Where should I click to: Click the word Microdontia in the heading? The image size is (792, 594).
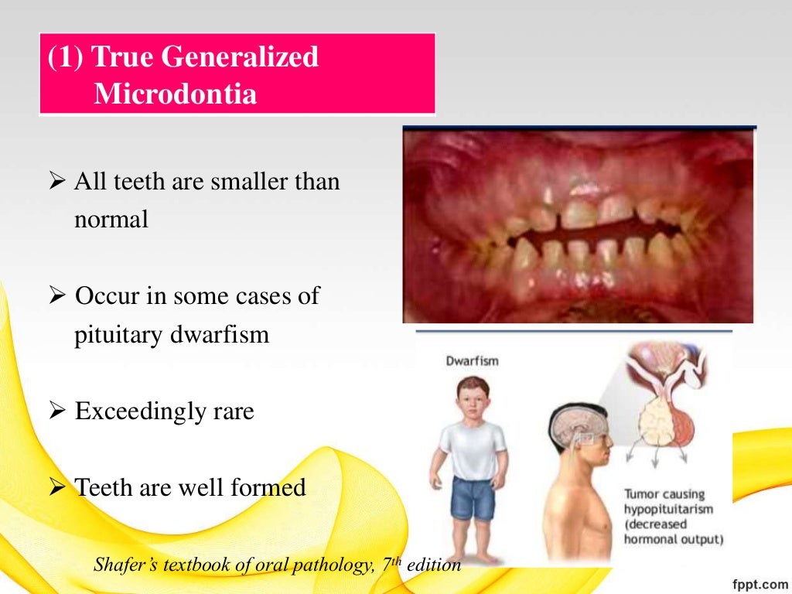click(175, 94)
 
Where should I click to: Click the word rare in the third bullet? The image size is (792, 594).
click(230, 411)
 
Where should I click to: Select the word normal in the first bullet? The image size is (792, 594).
click(111, 219)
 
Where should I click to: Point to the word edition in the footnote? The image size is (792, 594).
click(434, 565)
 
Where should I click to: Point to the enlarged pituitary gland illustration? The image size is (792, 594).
click(667, 402)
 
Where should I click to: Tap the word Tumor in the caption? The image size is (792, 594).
click(641, 494)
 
